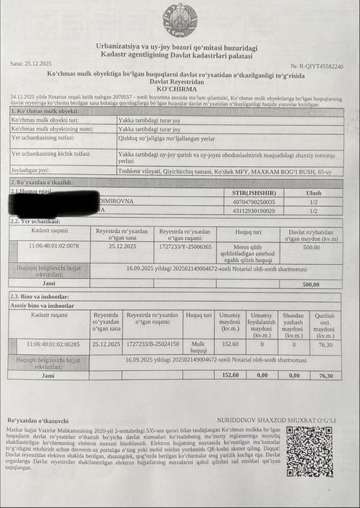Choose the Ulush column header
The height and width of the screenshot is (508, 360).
pyautogui.click(x=314, y=193)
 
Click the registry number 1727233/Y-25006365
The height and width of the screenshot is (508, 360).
pyautogui.click(x=185, y=247)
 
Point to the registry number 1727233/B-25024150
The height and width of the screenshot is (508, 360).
pyautogui.click(x=152, y=343)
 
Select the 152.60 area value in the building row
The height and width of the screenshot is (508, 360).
pyautogui.click(x=230, y=343)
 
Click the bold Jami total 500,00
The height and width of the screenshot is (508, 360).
pyautogui.click(x=311, y=284)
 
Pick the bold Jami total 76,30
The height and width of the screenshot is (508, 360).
pyautogui.click(x=326, y=375)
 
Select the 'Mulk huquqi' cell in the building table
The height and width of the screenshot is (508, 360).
pyautogui.click(x=198, y=347)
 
